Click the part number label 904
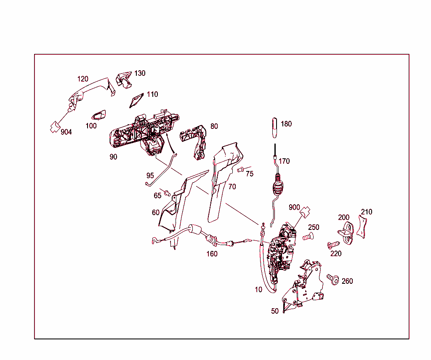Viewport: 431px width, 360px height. tap(66, 132)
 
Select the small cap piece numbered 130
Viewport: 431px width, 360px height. tap(124, 80)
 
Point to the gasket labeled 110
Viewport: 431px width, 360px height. tap(136, 100)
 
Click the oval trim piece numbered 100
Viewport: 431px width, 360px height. tap(98, 116)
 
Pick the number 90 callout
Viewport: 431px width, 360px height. tap(113, 157)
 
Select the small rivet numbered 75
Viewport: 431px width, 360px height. tap(240, 169)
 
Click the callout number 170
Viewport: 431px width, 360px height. tap(284, 161)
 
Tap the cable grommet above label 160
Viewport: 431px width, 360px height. tap(194, 229)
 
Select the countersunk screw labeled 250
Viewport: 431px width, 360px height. tap(308, 236)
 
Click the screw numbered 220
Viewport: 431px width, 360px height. tap(334, 245)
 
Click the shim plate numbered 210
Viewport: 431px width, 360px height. tap(362, 227)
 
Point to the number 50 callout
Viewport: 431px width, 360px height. tap(275, 311)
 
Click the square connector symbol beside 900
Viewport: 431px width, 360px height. tap(305, 212)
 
